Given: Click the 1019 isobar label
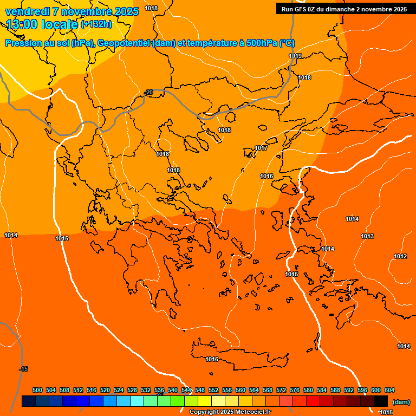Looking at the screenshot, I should tap(295, 56).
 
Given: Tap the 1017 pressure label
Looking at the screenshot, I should tap(261, 148).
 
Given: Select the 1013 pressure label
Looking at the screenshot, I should tap(367, 237).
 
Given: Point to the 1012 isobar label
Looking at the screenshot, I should tap(400, 256).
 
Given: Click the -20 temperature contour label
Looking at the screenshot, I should tap(148, 93).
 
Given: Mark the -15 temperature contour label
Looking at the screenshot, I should tap(23, 369).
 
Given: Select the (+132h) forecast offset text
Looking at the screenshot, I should tap(96, 24).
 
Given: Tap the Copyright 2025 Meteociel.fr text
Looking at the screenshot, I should tap(230, 412).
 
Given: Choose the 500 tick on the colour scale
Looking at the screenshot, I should tap(37, 391).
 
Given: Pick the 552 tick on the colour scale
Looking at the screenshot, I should tap(213, 391).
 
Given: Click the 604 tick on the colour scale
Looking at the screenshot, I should tap(389, 391).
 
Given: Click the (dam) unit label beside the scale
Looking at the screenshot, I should tap(401, 402).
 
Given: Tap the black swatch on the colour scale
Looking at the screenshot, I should tap(381, 401).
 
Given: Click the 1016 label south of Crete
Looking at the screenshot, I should tap(212, 360).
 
